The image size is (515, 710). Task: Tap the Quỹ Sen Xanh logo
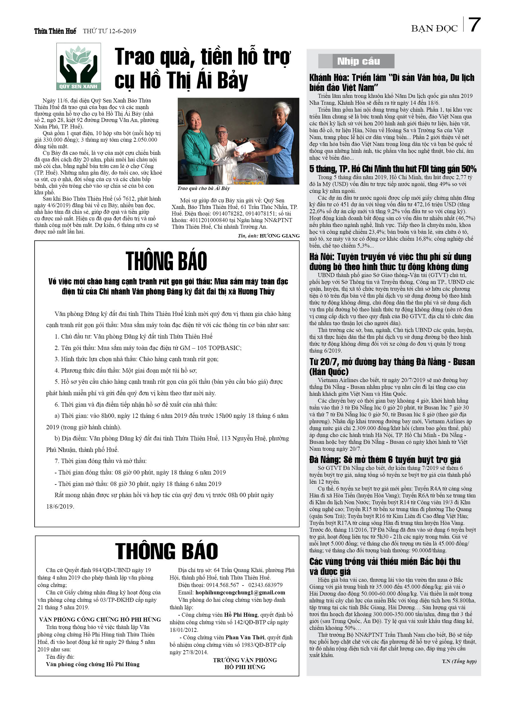pyautogui.click(x=79, y=67)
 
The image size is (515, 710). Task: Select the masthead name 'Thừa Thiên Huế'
pyautogui.click(x=55, y=31)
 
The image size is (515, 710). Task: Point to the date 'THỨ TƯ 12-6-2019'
pyautogui.click(x=109, y=31)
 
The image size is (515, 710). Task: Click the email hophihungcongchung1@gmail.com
pyautogui.click(x=240, y=592)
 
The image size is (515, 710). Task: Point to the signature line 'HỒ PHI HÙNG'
pyautogui.click(x=245, y=667)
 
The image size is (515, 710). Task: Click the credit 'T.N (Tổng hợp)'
pyautogui.click(x=459, y=661)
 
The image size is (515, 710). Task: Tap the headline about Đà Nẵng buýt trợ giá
pyautogui.click(x=385, y=460)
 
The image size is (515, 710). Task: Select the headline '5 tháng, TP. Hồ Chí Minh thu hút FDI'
pyautogui.click(x=392, y=169)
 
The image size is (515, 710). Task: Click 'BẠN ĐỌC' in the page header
pyautogui.click(x=434, y=29)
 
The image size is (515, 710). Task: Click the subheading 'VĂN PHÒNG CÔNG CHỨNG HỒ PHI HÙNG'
pyautogui.click(x=100, y=620)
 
